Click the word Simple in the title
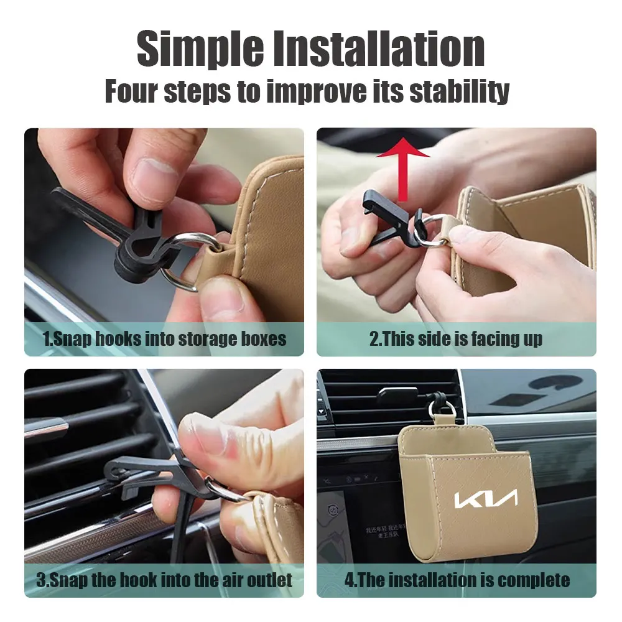[200, 50]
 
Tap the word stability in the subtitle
[460, 91]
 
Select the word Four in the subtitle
[131, 91]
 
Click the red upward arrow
[402, 169]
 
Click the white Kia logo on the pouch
[486, 499]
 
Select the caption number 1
[47, 339]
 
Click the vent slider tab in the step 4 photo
[397, 394]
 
